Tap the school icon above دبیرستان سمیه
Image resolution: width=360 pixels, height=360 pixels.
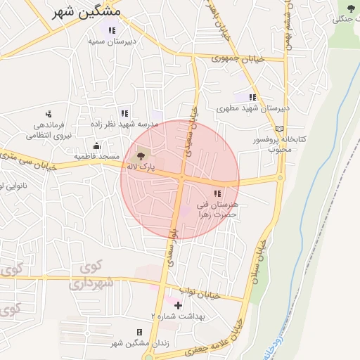point(112,30)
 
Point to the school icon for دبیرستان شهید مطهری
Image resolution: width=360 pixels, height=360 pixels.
point(252,97)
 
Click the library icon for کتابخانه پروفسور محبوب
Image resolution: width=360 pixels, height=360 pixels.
point(281,129)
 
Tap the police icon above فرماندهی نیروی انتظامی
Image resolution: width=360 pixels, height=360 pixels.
point(49,113)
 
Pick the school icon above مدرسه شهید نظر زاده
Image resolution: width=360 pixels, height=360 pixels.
point(124,112)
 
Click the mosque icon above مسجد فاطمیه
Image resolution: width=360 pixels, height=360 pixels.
point(96,145)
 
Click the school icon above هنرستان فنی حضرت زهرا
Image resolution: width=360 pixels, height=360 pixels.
point(217,193)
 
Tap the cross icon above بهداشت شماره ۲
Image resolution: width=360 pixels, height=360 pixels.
point(178,305)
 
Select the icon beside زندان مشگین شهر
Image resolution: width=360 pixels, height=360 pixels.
point(139,332)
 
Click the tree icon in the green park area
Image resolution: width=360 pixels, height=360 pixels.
point(351,8)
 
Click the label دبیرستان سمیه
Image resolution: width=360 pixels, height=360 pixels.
point(111,41)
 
